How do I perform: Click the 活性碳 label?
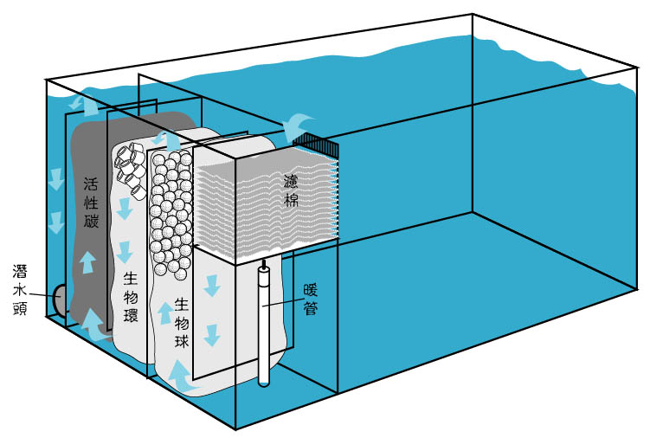(x=92, y=203)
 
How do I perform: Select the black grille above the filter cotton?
(x=314, y=145)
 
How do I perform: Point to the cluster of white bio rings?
(x=130, y=164)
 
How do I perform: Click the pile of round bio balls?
(x=171, y=212)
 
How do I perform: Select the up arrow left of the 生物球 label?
(x=164, y=312)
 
